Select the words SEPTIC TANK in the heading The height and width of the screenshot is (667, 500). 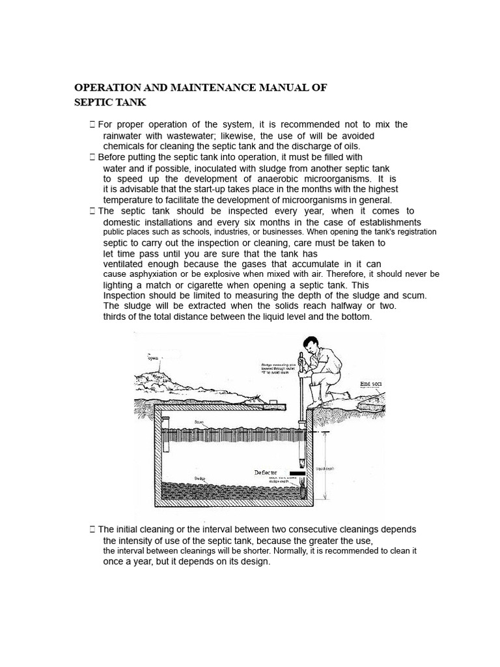click(x=110, y=102)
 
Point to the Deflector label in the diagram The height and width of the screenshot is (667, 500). click(x=265, y=472)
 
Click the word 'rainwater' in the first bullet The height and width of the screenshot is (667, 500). click(x=124, y=135)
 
